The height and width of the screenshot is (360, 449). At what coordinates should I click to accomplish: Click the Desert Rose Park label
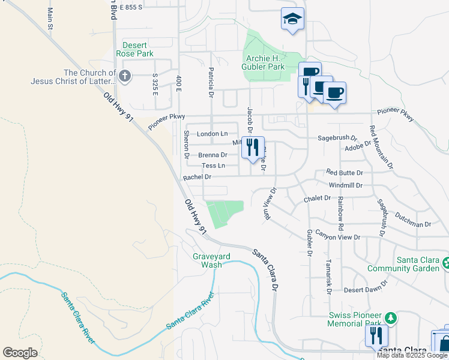click(x=137, y=49)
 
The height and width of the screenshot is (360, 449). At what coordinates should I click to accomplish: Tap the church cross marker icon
click(x=124, y=76)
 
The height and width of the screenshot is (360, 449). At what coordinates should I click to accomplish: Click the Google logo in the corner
click(x=20, y=352)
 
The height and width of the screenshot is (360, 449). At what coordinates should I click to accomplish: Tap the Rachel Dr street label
click(x=197, y=177)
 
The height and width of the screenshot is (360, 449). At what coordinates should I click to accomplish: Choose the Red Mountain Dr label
click(x=381, y=146)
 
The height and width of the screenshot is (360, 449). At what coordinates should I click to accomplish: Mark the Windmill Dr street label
click(x=345, y=185)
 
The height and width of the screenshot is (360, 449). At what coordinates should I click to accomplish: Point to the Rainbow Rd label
click(x=340, y=214)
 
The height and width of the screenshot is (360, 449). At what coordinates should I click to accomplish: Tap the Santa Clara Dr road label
click(x=265, y=270)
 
